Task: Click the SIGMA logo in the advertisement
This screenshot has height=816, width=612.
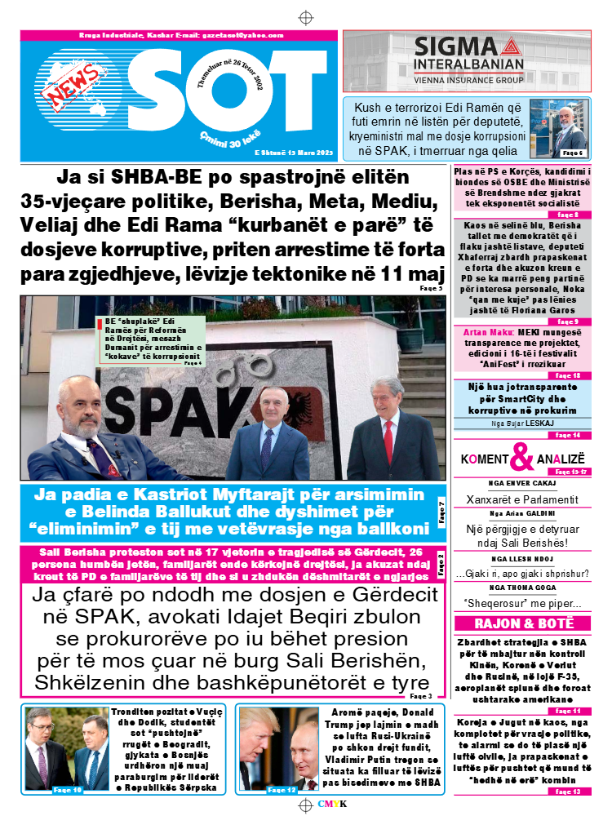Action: pos(468,46)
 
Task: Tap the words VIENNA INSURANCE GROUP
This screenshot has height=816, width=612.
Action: pos(467,81)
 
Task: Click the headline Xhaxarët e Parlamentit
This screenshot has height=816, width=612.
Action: pos(521,499)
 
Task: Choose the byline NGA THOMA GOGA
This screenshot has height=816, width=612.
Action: pos(521,587)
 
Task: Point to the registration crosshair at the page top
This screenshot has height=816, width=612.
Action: pos(305,17)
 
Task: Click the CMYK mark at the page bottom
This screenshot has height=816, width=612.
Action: pos(332,804)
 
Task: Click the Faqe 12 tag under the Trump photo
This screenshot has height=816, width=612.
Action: pos(281,790)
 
